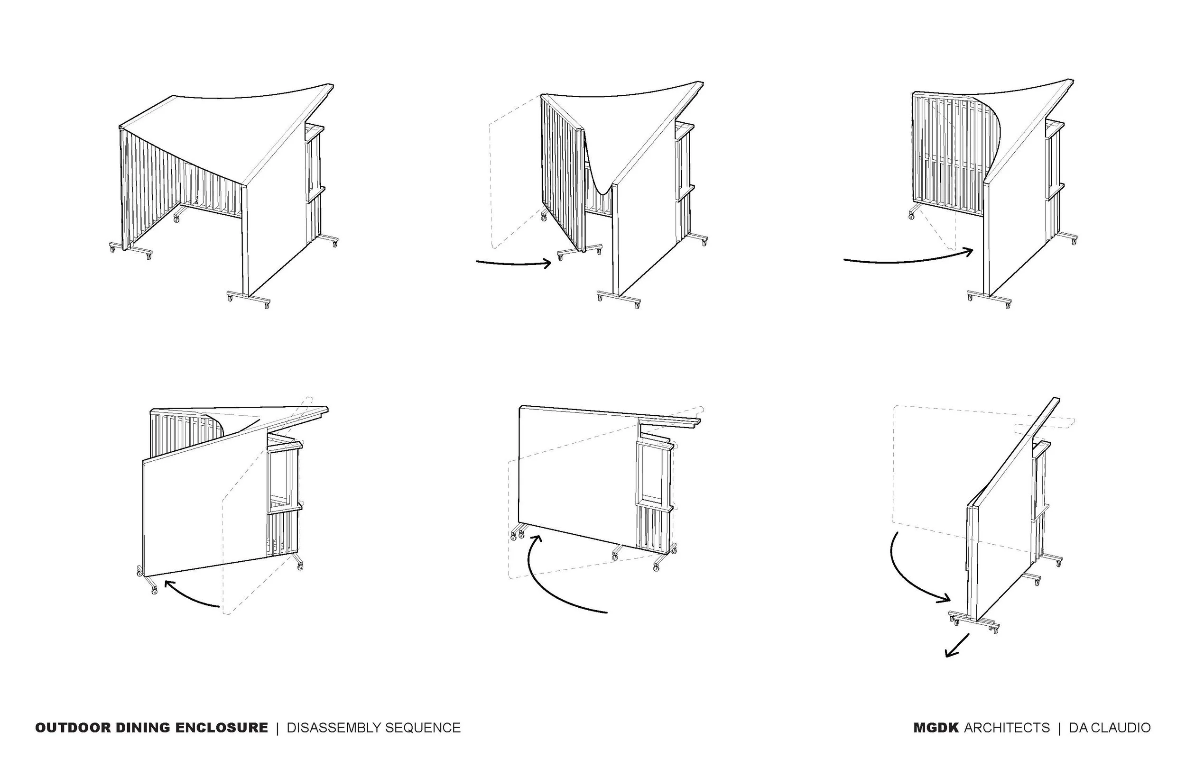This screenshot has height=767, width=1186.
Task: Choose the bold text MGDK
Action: tap(936, 728)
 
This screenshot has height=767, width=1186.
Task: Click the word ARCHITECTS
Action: tap(1007, 728)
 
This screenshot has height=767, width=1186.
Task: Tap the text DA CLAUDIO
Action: tap(1110, 728)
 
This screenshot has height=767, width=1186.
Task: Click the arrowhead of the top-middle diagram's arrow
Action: tap(547, 263)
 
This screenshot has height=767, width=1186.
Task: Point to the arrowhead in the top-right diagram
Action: tap(969, 251)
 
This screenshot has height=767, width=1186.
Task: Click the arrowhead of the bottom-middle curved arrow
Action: tap(537, 539)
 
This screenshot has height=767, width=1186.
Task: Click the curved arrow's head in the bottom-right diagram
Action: tap(945, 599)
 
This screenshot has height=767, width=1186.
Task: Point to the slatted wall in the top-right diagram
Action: tap(939, 155)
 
